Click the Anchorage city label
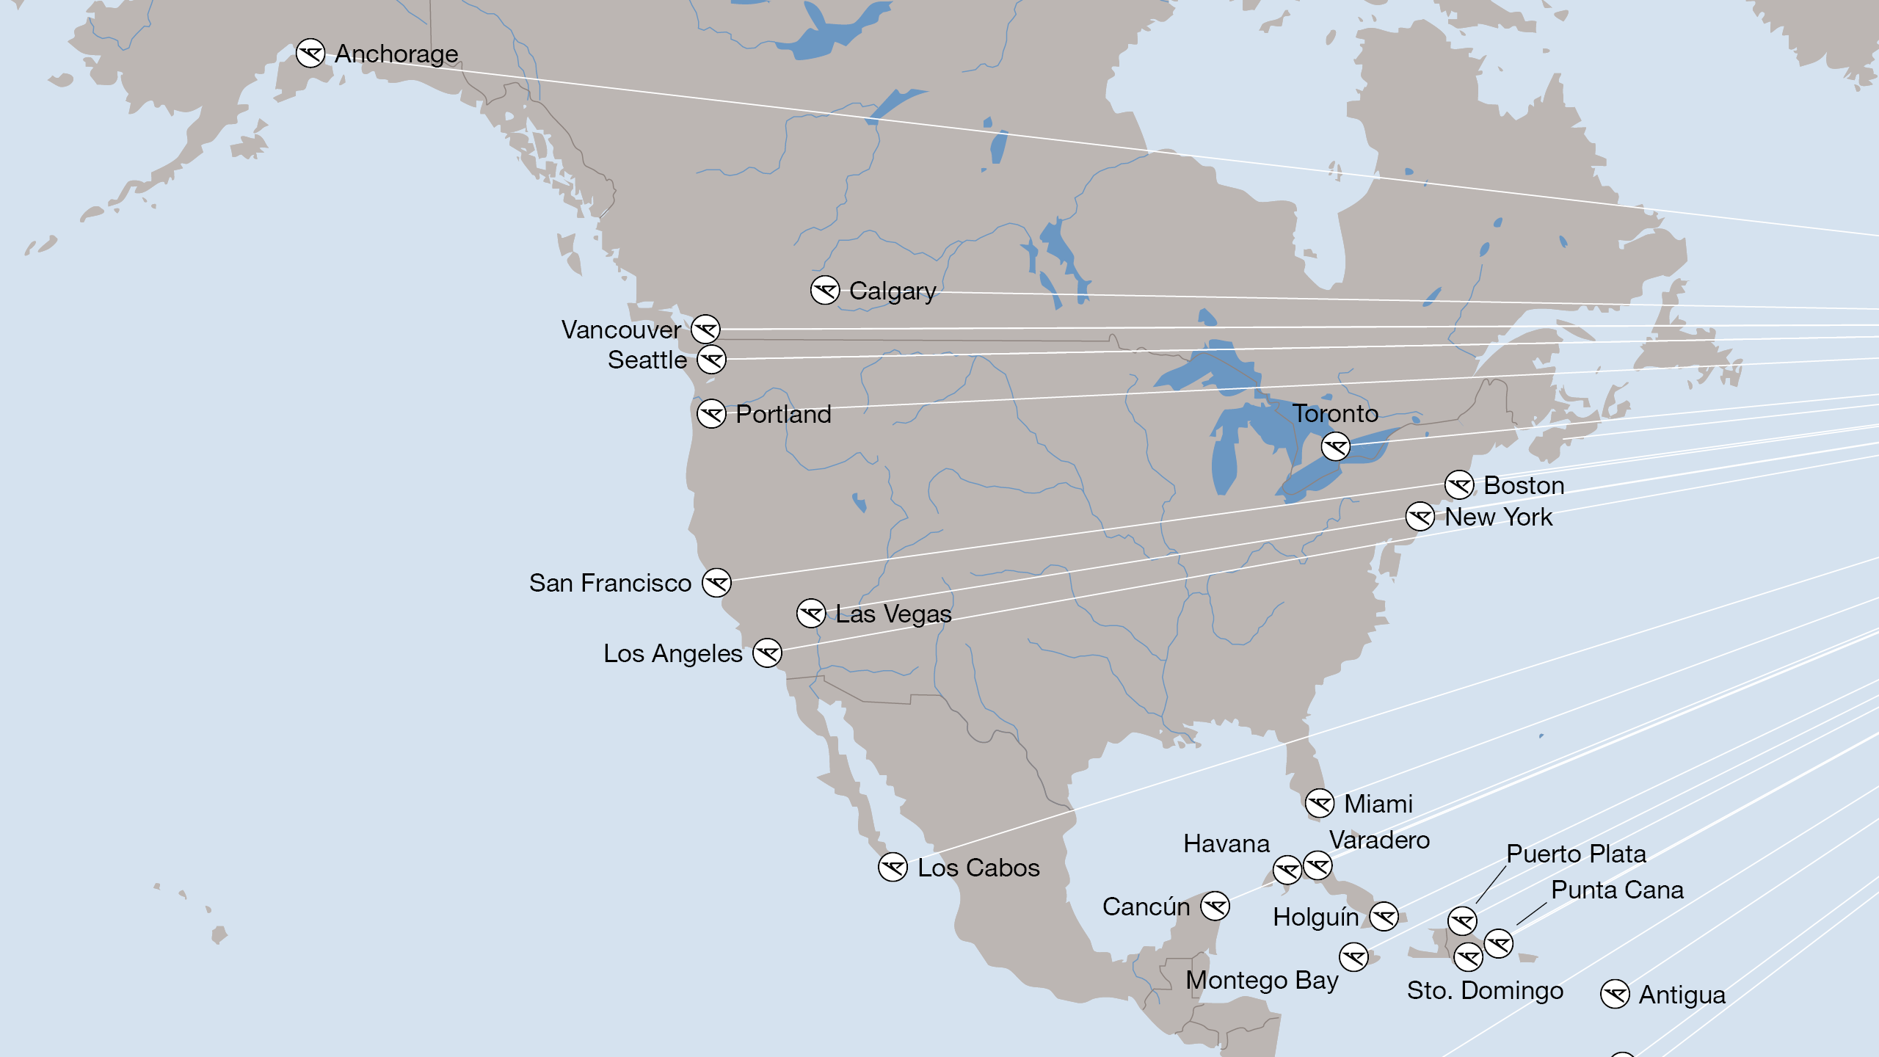coord(396,54)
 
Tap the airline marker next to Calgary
coord(825,291)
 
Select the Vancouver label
coord(621,330)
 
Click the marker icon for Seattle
coord(711,360)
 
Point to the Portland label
coord(783,414)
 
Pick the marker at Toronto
coord(1335,446)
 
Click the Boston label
coord(1524,485)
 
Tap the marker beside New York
coord(1420,517)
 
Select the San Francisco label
coord(610,583)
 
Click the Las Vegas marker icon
coord(811,613)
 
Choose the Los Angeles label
coord(672,653)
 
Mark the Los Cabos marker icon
coord(893,868)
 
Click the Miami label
coord(1378,804)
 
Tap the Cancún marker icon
coord(1215,906)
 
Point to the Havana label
coord(1226,843)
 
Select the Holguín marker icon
coord(1384,916)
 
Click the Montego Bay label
coord(1262,980)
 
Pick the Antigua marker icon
coord(1615,995)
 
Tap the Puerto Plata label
coord(1576,854)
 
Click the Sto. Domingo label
coord(1485,990)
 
